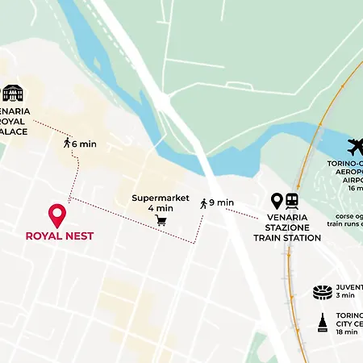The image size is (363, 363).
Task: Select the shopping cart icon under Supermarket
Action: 161,220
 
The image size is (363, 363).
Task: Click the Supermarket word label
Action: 161,198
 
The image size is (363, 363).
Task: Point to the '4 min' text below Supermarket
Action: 161,208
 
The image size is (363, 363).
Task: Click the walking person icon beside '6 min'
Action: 66,144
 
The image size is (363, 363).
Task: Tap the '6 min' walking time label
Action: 85,144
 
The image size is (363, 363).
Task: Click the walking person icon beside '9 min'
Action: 203,203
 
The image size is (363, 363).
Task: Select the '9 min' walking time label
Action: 222,203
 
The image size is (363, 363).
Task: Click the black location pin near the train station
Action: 277,201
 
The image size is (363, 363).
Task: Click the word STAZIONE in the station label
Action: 287,227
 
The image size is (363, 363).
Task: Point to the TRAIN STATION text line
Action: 287,238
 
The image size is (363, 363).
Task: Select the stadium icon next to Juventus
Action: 323,291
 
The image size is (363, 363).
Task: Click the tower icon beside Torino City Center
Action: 323,323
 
